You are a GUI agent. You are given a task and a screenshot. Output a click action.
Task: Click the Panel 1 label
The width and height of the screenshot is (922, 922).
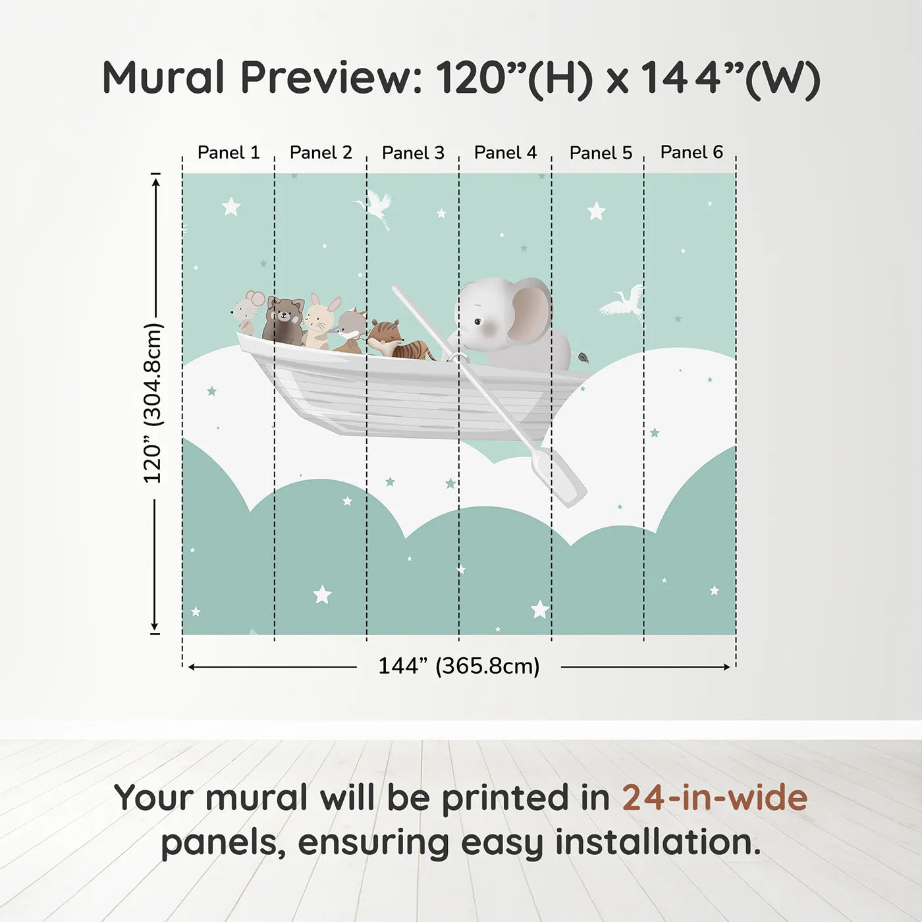pos(229,153)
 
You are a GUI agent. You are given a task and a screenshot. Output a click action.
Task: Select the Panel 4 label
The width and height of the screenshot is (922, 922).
pos(505,153)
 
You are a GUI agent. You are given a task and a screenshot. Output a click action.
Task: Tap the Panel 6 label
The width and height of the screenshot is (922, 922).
pos(691,152)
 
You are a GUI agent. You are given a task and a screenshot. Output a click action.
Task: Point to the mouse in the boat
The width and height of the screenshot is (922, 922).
pos(246,312)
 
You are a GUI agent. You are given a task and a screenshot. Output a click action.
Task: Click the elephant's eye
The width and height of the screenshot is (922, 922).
pos(477,323)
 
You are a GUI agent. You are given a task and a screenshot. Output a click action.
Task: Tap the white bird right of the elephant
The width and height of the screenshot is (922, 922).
pos(621,302)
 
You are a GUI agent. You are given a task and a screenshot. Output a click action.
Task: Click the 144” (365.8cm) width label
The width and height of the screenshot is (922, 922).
pos(459,666)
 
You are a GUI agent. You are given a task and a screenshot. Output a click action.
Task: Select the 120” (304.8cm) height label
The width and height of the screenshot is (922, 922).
pos(154,403)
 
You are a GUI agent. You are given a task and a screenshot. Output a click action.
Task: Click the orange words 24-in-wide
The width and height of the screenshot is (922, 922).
pos(715,798)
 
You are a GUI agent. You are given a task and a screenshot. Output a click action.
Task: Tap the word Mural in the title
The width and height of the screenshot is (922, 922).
pos(163,78)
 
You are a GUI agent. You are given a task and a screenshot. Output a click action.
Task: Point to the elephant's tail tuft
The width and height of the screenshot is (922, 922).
pos(583,357)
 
